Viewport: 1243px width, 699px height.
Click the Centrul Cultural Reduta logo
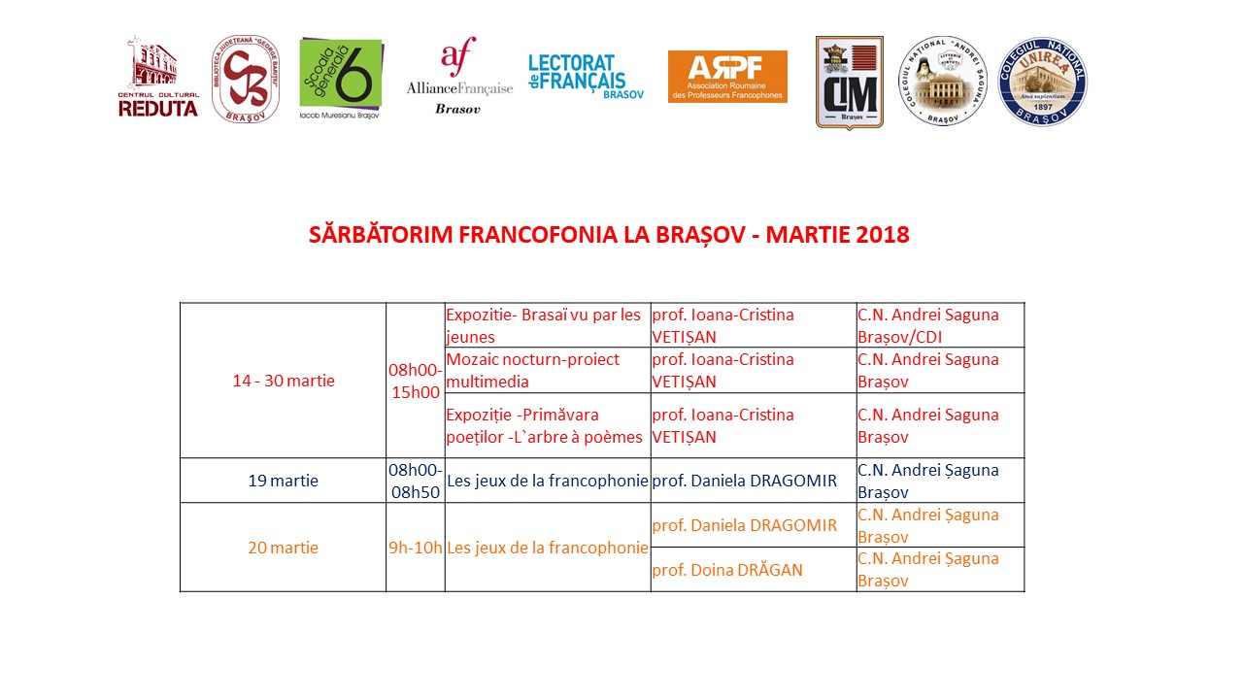(x=158, y=78)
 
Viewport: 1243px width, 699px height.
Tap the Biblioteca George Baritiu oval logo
(x=246, y=81)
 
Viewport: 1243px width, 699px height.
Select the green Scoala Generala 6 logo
(x=341, y=78)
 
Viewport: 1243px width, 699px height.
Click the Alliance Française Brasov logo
(x=459, y=76)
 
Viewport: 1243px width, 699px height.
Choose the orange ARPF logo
(x=727, y=77)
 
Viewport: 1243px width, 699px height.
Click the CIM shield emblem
(x=849, y=83)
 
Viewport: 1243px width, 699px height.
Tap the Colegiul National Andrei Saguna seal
(x=942, y=82)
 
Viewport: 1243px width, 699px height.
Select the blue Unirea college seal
(x=1042, y=82)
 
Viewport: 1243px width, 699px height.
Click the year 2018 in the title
(x=884, y=235)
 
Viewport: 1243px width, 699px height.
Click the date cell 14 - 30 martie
(x=283, y=381)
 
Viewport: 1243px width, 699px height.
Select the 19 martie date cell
(x=283, y=481)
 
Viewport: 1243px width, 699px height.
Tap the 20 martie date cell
(x=283, y=548)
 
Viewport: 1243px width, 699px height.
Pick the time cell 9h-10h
(x=415, y=548)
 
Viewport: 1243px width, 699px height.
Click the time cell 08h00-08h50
(x=415, y=481)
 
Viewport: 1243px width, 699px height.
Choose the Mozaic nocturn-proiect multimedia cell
(x=547, y=370)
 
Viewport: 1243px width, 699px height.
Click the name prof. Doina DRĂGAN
(x=727, y=570)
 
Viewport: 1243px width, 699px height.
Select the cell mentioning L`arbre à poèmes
(x=547, y=425)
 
